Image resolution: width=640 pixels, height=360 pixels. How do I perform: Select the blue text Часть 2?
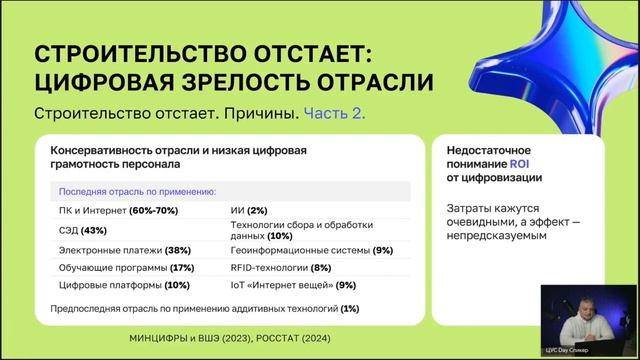pos(335,114)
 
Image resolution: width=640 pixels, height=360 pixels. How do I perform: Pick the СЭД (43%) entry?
pos(85,230)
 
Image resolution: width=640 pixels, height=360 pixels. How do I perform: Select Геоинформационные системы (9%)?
pos(311,250)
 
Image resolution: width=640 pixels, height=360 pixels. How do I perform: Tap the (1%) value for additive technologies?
pos(349,309)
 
